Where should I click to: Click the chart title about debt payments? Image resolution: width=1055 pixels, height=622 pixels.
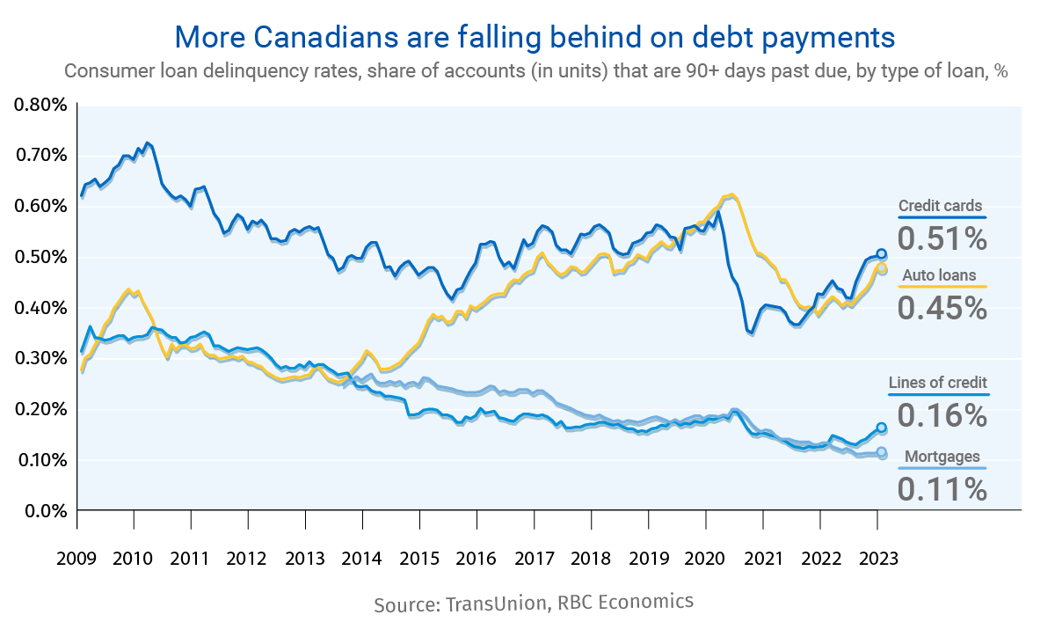[x=535, y=37]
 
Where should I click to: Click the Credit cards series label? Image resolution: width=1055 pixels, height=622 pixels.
[x=940, y=207]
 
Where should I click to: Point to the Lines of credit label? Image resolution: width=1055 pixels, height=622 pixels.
[x=937, y=383]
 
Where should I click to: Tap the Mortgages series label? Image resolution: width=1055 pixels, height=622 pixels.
[x=942, y=457]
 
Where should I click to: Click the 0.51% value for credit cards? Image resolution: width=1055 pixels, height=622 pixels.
[x=942, y=238]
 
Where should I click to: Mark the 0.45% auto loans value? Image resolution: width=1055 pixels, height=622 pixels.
[x=942, y=307]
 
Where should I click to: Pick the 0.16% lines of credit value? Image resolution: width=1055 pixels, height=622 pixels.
[x=942, y=414]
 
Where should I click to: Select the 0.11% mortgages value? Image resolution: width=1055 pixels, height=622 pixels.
[x=942, y=488]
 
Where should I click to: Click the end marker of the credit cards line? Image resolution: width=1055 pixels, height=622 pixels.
[x=882, y=253]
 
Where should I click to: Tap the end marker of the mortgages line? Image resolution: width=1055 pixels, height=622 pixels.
[x=882, y=453]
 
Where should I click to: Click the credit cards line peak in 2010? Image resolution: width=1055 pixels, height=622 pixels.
[x=148, y=143]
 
